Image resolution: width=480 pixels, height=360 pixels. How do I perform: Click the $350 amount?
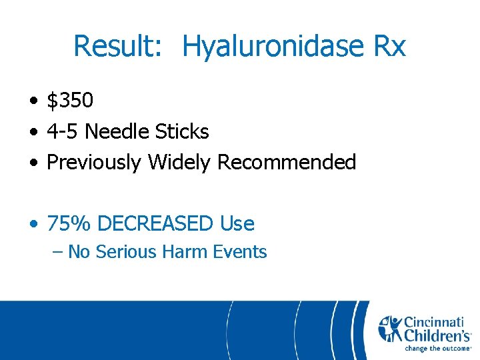[x=70, y=101]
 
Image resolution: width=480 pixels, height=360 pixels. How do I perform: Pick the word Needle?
[x=117, y=131]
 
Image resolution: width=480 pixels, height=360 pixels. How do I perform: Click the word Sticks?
[x=182, y=131]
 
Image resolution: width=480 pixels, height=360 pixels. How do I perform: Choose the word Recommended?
[x=287, y=162]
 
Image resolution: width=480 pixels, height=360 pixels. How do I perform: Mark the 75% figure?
[x=69, y=223]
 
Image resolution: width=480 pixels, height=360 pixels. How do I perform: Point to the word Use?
[x=237, y=223]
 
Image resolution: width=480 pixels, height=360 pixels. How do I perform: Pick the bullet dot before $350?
[x=33, y=101]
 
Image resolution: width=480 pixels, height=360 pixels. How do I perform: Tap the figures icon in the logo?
[x=391, y=328]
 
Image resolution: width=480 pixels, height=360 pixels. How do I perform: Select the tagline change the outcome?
[x=437, y=347]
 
